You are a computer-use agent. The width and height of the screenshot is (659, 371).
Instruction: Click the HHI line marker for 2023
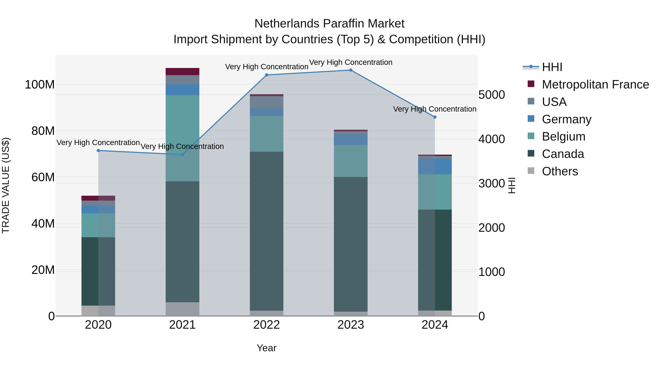(351, 70)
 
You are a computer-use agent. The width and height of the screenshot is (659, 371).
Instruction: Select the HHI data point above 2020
(98, 151)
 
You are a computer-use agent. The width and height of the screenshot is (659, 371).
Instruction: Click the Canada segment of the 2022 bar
(266, 230)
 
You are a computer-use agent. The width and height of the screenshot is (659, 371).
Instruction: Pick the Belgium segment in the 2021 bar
(182, 138)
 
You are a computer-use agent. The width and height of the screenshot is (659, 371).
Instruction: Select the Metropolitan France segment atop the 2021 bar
(182, 71)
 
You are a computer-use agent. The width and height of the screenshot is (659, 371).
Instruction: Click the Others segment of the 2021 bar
(182, 309)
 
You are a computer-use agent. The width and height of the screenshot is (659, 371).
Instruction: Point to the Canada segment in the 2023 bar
(351, 243)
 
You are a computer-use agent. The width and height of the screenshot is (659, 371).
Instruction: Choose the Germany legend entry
(566, 119)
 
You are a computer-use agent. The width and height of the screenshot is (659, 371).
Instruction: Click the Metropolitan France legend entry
(595, 84)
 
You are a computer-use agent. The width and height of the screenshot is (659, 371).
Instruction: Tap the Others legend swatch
(531, 171)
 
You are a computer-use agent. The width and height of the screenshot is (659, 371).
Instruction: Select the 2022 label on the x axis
(266, 325)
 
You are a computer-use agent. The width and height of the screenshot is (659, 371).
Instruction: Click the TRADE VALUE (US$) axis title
(6, 185)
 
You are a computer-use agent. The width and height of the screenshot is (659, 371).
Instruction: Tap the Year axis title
(266, 348)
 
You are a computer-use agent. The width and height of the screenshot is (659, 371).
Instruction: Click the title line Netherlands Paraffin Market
(329, 24)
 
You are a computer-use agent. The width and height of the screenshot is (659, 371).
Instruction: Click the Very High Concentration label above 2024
(434, 109)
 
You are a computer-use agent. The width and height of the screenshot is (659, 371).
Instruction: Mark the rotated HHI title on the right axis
(511, 185)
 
